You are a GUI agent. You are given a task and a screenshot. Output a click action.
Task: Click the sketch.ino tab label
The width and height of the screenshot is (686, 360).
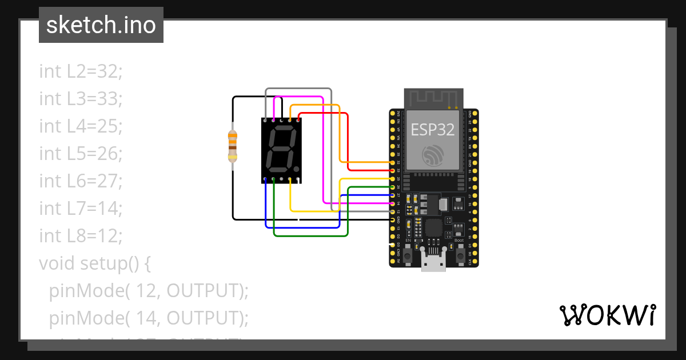[101, 25]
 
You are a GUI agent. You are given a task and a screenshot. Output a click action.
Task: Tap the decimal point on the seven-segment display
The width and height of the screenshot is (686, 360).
[297, 169]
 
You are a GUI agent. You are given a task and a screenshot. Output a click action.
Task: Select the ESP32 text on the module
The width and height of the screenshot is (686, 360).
[433, 130]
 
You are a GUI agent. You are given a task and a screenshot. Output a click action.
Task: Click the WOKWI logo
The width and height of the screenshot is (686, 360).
[607, 315]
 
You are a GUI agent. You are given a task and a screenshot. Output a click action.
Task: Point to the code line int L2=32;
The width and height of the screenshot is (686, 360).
[81, 71]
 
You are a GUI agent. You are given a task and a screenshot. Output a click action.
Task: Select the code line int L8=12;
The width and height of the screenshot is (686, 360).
[81, 236]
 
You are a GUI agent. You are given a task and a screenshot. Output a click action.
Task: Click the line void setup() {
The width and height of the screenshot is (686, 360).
[94, 263]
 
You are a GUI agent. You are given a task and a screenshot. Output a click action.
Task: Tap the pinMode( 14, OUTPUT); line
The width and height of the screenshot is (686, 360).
[149, 318]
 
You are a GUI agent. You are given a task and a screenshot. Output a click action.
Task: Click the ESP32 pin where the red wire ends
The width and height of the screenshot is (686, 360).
[393, 170]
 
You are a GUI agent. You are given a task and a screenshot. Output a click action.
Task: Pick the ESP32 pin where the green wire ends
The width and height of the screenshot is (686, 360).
[393, 187]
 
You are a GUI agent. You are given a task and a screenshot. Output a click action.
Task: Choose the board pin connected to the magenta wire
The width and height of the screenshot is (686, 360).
[393, 203]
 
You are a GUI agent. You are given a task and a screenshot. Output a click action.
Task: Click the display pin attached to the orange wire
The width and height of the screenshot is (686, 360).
[290, 121]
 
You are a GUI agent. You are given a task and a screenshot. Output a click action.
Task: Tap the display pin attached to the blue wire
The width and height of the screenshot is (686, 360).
[266, 181]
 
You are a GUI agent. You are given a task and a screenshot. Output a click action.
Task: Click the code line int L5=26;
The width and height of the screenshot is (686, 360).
[81, 154]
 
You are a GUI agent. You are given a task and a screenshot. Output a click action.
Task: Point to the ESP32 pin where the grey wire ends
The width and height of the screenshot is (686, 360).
[393, 211]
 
